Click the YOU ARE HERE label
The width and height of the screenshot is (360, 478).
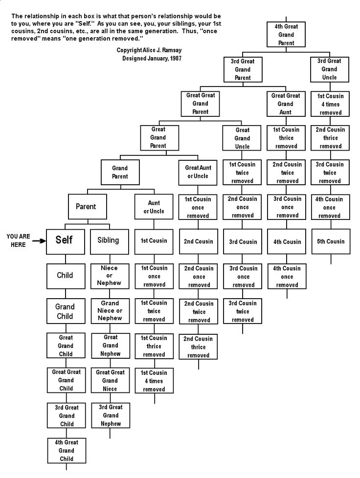(18, 240)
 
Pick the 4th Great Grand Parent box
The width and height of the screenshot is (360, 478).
(286, 35)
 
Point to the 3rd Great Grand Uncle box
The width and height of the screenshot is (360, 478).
(329, 69)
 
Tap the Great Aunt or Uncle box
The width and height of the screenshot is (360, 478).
(198, 172)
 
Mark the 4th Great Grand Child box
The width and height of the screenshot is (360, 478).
(67, 450)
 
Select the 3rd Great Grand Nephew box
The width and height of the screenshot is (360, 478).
(111, 415)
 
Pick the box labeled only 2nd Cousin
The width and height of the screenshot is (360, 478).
(198, 241)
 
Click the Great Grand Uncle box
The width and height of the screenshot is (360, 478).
(243, 138)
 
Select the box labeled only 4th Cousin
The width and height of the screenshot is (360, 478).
(287, 241)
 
